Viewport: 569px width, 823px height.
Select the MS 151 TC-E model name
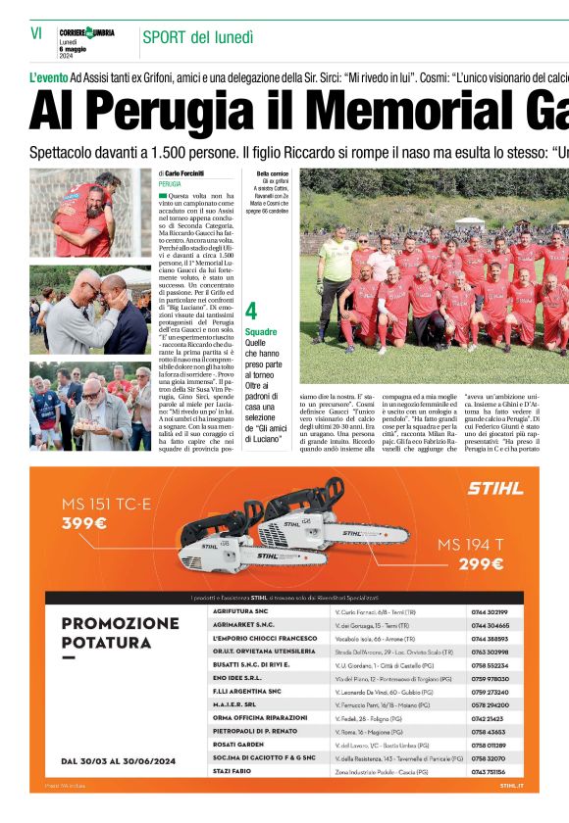[x=107, y=504]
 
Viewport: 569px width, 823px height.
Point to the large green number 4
[x=251, y=312]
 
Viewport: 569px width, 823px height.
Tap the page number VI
[x=36, y=33]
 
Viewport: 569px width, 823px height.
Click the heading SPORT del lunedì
[x=197, y=37]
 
